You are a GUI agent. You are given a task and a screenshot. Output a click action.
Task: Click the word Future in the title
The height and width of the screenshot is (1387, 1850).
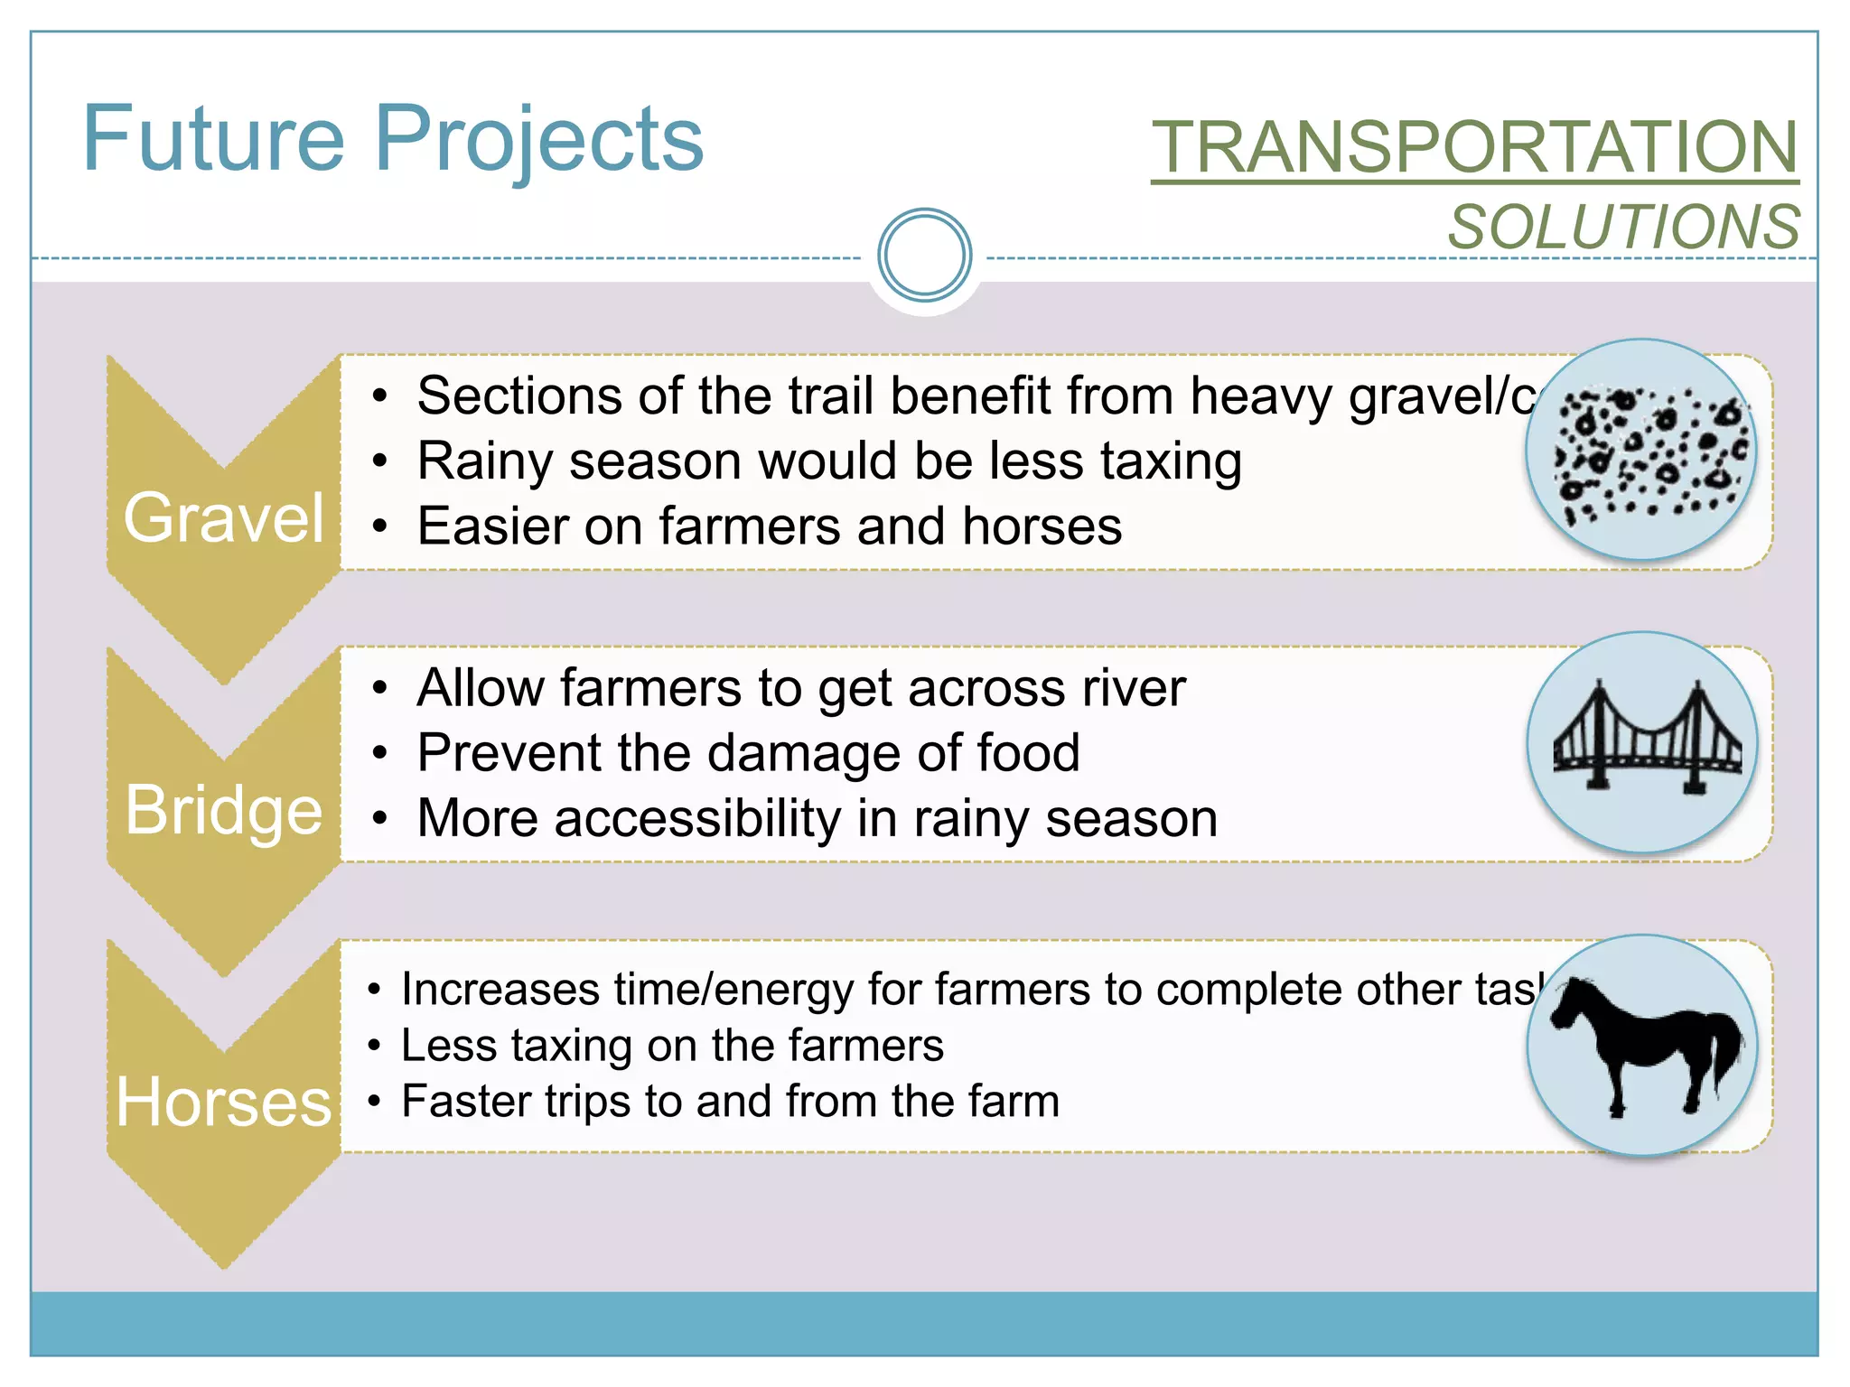pos(213,139)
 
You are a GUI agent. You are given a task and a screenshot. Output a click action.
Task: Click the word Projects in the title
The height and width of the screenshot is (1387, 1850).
pos(538,139)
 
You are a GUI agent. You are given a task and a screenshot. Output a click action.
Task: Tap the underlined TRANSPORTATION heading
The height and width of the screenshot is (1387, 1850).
pos(1474,148)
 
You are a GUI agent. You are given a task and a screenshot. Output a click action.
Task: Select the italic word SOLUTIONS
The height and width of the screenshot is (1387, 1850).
pos(1623,227)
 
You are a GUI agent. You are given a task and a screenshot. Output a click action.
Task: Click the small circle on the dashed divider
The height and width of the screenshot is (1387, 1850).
pos(924,255)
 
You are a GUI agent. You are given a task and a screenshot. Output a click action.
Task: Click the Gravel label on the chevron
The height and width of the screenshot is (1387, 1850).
pos(224,518)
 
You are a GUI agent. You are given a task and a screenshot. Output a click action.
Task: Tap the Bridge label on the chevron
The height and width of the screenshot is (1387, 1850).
pos(224,810)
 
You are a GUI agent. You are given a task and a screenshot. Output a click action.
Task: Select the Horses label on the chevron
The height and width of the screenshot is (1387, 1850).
pos(224,1103)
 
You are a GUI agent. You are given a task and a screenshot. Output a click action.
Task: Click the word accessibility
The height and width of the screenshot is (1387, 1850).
pos(697,819)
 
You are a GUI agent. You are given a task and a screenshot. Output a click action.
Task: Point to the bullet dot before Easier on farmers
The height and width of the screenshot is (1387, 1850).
pos(380,527)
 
